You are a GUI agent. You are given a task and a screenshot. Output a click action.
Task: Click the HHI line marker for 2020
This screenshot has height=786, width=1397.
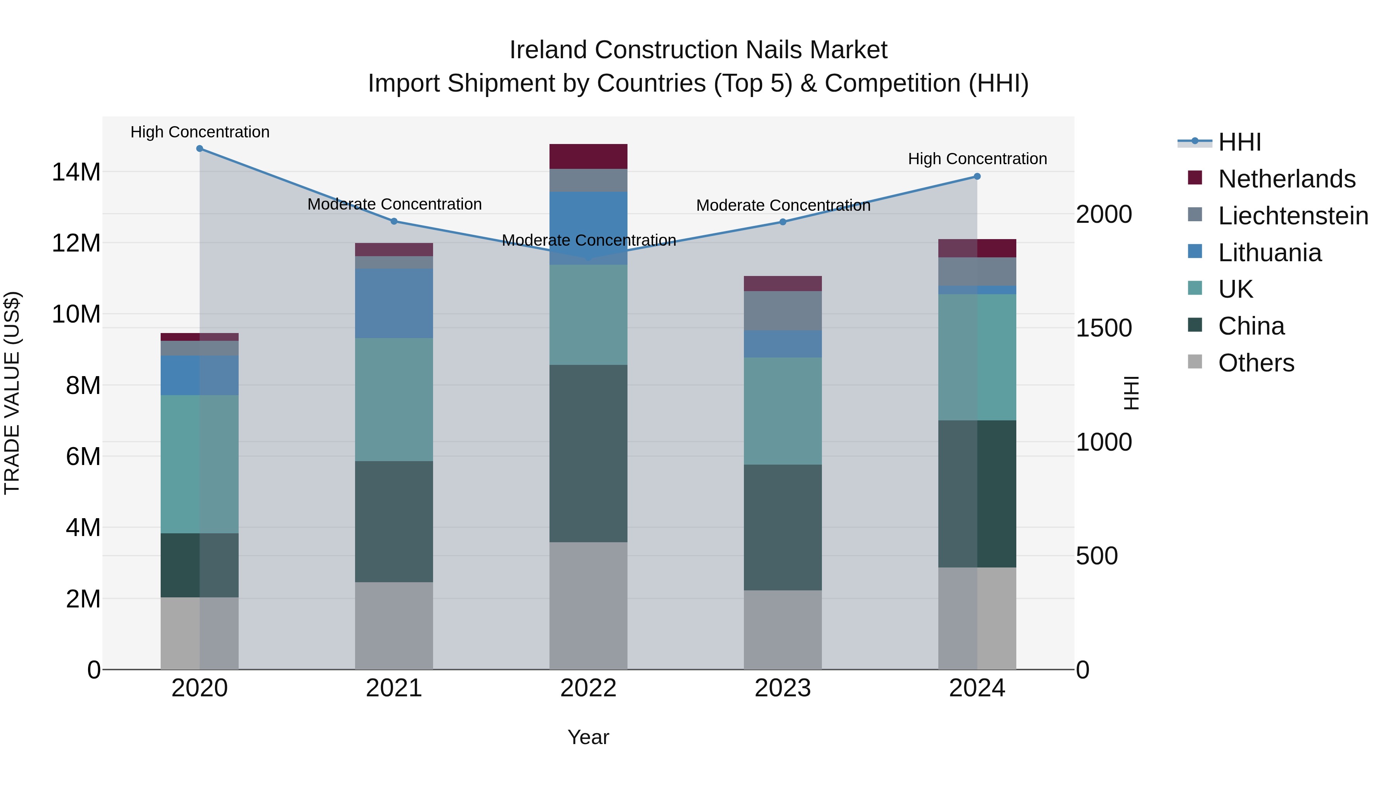click(199, 149)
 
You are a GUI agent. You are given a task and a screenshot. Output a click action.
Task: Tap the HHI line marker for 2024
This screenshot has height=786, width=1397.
click(977, 176)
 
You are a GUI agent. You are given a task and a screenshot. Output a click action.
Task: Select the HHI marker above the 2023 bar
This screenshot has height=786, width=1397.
click(783, 222)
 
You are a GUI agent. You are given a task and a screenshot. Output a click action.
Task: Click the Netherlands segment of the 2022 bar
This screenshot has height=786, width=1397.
click(588, 156)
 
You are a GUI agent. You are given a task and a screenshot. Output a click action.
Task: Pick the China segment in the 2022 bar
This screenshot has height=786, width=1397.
click(588, 453)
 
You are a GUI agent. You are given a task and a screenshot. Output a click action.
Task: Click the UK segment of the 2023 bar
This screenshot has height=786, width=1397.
click(783, 411)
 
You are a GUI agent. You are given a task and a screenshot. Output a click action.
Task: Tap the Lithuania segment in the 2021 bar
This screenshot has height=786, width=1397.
click(394, 303)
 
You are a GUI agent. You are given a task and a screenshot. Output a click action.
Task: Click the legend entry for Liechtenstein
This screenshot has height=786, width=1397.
click(1293, 216)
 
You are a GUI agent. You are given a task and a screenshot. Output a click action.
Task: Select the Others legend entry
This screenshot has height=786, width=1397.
click(1256, 363)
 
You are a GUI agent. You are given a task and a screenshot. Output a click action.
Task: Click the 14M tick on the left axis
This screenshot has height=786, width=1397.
click(76, 172)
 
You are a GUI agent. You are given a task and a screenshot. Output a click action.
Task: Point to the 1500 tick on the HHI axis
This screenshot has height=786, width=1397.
click(1104, 328)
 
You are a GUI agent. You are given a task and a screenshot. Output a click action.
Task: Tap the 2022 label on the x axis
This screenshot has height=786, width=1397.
click(588, 688)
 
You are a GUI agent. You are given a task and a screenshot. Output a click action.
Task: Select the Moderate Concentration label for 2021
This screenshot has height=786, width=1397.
click(394, 204)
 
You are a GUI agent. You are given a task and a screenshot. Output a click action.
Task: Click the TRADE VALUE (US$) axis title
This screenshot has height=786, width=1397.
click(12, 393)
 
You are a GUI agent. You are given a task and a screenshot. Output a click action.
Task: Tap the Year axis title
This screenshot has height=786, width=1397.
click(588, 737)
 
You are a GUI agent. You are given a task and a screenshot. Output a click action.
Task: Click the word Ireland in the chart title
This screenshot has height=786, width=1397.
click(548, 50)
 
